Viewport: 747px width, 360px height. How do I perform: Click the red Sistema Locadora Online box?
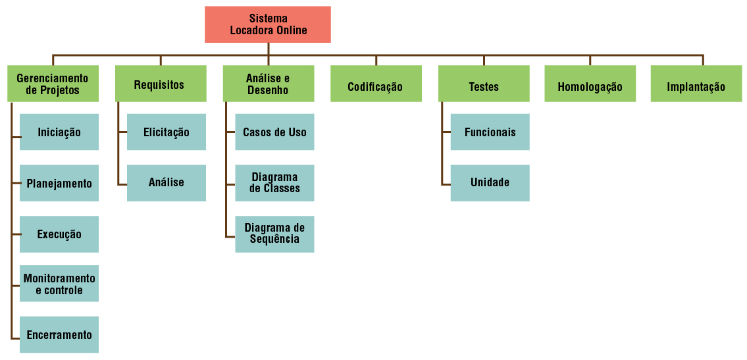click(x=268, y=24)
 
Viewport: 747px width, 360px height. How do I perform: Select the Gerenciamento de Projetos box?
click(x=53, y=84)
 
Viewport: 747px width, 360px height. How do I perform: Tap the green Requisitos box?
click(x=160, y=84)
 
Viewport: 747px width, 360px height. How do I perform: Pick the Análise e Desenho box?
click(x=268, y=84)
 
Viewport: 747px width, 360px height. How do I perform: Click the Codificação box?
click(x=376, y=84)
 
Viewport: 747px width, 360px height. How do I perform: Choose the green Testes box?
click(x=484, y=84)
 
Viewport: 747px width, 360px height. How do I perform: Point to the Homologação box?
click(x=590, y=84)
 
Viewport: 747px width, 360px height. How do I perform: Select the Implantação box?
click(x=696, y=84)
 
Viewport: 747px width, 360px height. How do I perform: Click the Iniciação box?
click(x=59, y=132)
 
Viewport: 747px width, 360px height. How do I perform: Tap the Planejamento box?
click(x=59, y=183)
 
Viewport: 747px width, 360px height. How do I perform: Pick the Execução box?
click(x=59, y=234)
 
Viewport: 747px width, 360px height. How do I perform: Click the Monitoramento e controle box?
click(x=59, y=284)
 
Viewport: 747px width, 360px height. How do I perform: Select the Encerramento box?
click(x=59, y=334)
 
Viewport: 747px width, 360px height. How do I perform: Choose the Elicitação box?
click(x=167, y=132)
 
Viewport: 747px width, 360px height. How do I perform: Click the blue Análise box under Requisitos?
click(x=167, y=183)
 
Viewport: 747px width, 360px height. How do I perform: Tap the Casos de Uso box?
click(x=274, y=132)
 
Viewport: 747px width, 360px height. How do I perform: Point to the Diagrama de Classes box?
click(x=274, y=183)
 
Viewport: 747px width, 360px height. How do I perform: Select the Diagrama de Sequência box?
click(x=274, y=234)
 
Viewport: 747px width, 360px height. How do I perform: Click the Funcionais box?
click(x=490, y=132)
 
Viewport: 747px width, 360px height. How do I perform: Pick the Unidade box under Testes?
click(x=490, y=183)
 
